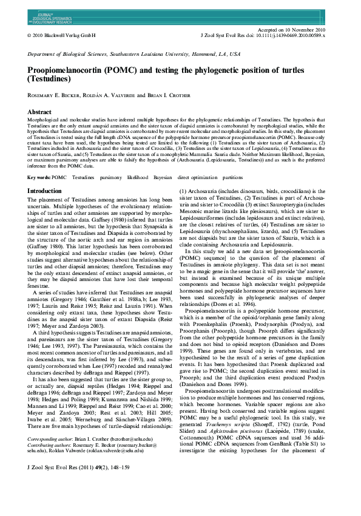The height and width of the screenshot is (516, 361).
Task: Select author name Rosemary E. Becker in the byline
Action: pos(56,96)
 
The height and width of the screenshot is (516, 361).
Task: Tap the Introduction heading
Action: pos(49,191)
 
